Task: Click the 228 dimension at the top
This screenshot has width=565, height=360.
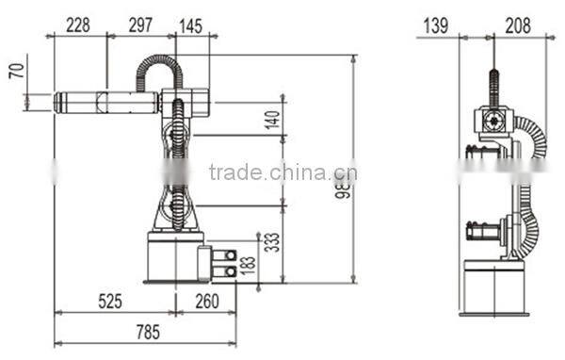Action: (79, 25)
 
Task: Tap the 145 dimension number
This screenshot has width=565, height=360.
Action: (189, 25)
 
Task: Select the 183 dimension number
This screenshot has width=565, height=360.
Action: (249, 267)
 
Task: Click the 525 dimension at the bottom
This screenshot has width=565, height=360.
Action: (111, 303)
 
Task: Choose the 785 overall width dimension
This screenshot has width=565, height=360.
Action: (145, 332)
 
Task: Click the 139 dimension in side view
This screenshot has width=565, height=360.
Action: (435, 25)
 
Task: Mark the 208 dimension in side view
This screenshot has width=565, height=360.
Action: (517, 25)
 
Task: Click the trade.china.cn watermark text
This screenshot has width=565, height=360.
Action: (282, 172)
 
